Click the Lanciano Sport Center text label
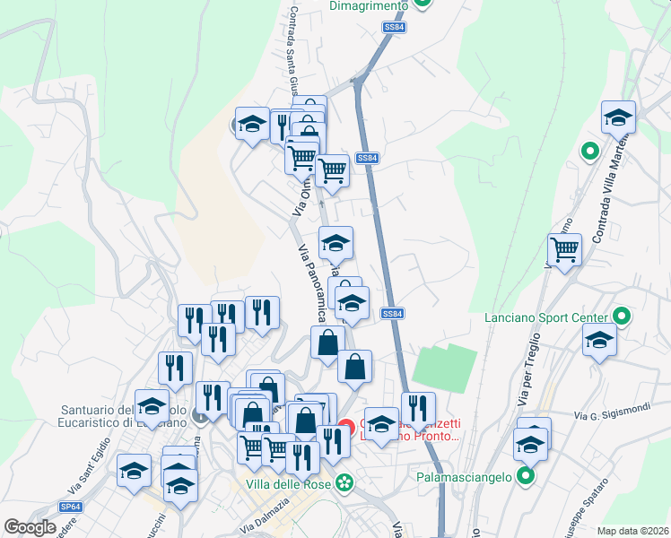coord(545,317)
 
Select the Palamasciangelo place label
coord(463,477)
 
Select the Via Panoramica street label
coord(309,285)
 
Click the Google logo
coord(30,527)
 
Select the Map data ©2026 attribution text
coord(633,530)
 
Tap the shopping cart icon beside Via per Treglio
coord(564,250)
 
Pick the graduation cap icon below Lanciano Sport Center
coord(599,341)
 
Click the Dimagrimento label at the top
coord(369,5)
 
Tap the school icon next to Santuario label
coord(152,405)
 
